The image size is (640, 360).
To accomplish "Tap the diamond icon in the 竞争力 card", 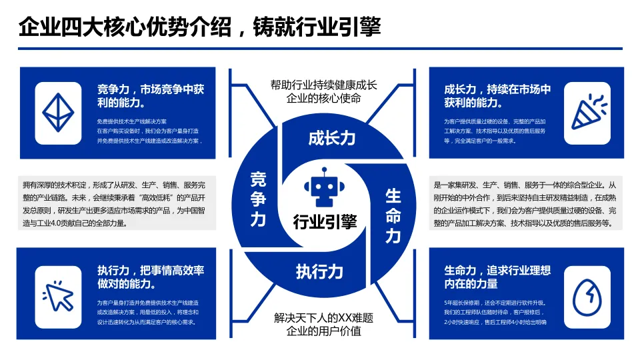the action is pyautogui.click(x=58, y=113).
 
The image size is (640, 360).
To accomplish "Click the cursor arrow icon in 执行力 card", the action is pyautogui.click(x=58, y=294).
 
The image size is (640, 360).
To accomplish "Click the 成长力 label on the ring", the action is pyautogui.click(x=331, y=138).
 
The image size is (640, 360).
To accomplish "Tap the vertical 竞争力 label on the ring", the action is pyautogui.click(x=258, y=199).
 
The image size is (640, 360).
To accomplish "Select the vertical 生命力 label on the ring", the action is pyautogui.click(x=393, y=215).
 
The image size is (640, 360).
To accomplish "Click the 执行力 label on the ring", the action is pyautogui.click(x=319, y=271).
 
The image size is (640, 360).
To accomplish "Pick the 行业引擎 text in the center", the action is pyautogui.click(x=325, y=221).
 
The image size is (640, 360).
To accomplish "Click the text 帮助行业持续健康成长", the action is pyautogui.click(x=323, y=85).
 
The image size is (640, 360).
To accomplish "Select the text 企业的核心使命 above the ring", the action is pyautogui.click(x=323, y=99).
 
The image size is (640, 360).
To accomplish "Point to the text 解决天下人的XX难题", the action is pyautogui.click(x=323, y=317).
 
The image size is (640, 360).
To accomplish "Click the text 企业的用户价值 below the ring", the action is pyautogui.click(x=323, y=331).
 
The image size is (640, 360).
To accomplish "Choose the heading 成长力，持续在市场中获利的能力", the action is pyautogui.click(x=497, y=95).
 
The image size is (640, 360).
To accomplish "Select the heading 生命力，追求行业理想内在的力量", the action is pyautogui.click(x=497, y=277).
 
